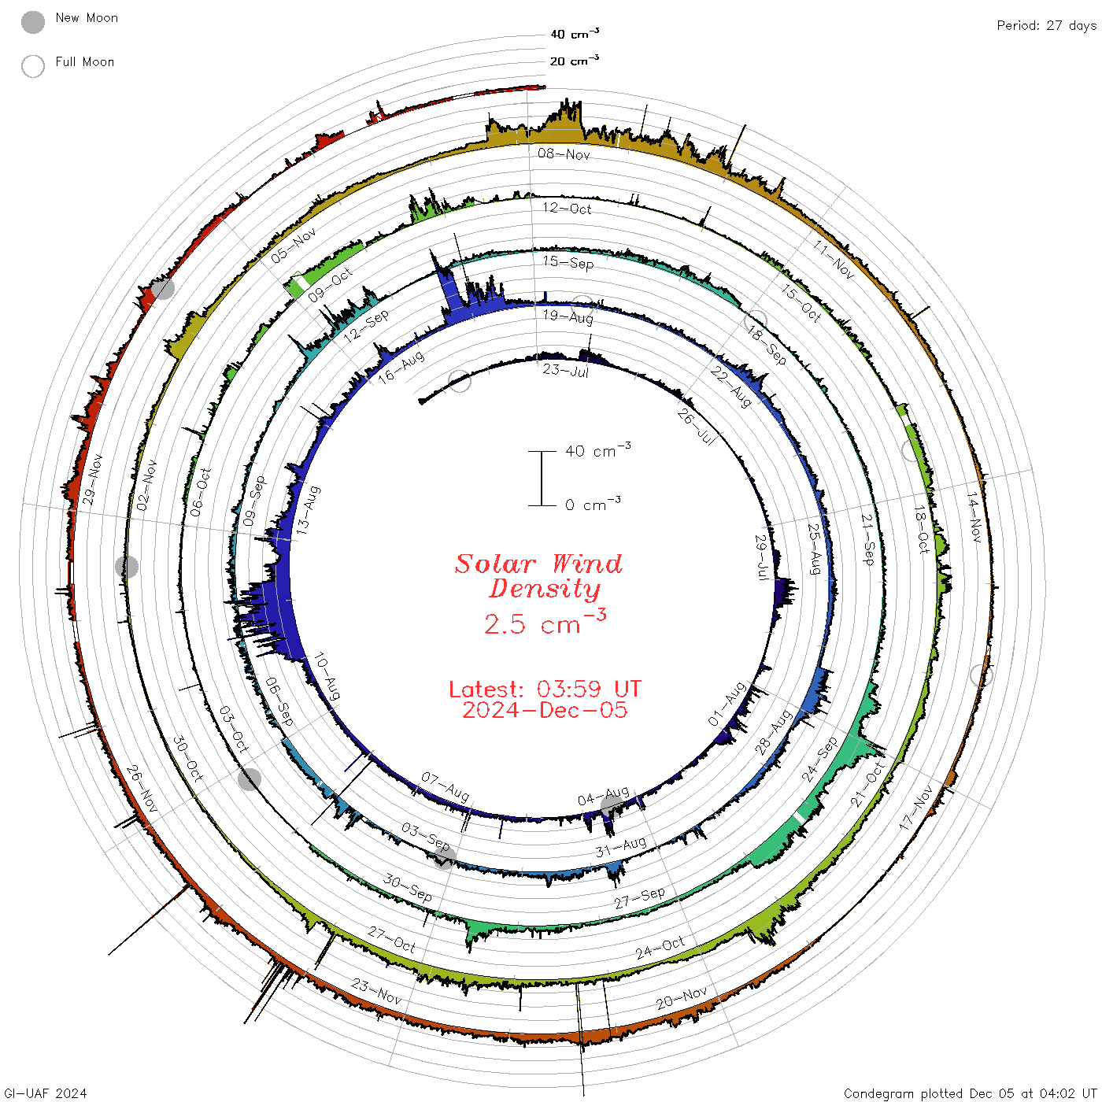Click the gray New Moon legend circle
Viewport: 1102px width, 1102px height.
pos(32,22)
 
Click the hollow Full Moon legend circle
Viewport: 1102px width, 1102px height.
pos(32,66)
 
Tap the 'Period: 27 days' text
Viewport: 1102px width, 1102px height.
pos(1046,26)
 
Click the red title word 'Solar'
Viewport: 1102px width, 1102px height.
pos(495,564)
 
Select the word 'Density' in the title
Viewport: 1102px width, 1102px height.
pos(545,589)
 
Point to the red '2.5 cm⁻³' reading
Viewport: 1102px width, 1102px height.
pos(545,622)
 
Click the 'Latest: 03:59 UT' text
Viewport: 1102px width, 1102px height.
pos(545,689)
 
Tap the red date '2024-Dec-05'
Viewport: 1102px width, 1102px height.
pos(545,710)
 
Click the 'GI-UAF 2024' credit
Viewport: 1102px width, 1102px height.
pos(45,1093)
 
